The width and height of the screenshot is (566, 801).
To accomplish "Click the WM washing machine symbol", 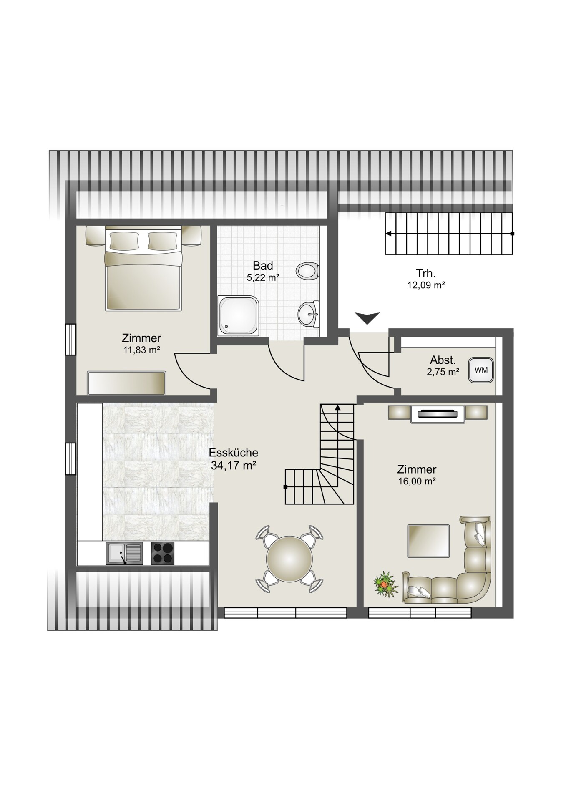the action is coord(481,370).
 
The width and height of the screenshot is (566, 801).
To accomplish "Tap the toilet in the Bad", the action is coord(307,271).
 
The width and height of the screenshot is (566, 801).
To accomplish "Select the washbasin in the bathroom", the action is coord(309,313).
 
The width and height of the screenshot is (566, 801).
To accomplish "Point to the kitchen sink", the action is coord(124,553).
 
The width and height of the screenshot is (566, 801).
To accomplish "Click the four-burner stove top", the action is coord(163,553).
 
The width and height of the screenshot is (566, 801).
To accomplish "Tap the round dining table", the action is coord(289,558).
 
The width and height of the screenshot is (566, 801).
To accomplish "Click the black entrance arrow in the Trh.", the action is coord(367,318).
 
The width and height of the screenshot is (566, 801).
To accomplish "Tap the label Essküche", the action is coord(234,453).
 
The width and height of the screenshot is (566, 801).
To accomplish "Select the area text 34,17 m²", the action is coord(234,466).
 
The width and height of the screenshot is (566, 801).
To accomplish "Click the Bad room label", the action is coord(263,266).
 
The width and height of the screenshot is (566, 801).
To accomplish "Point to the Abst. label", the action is coord(443,360).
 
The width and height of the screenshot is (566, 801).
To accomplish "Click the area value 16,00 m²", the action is coord(417,481).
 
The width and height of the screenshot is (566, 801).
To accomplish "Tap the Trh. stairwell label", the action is coord(426,274).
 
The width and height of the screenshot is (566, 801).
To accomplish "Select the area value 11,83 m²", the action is coord(142,350).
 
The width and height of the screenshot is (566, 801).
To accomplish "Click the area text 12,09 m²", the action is coord(426,286).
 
